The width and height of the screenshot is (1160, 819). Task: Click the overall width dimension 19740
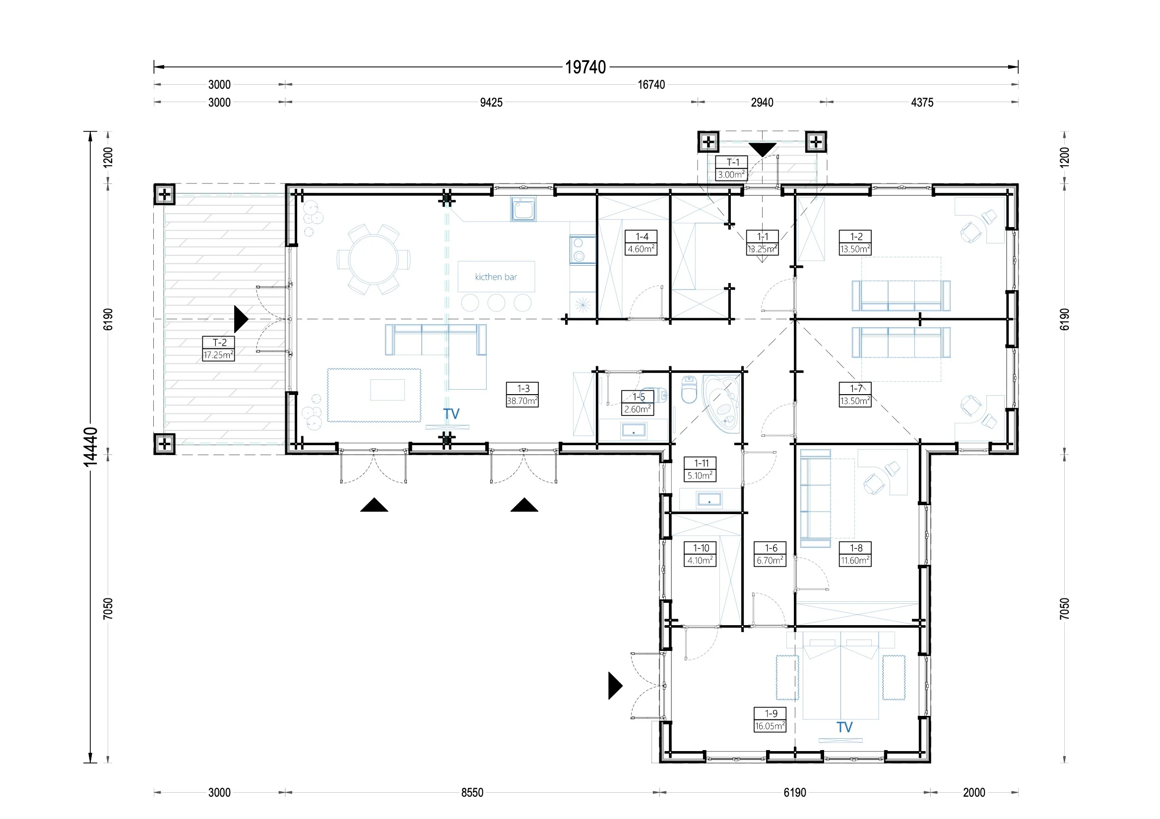tap(585, 67)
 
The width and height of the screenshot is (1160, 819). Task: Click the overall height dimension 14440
tap(90, 446)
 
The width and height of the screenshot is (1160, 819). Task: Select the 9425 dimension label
tap(491, 103)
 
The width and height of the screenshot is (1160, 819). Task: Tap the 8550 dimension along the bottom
tap(472, 792)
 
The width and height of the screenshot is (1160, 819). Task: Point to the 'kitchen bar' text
tap(496, 277)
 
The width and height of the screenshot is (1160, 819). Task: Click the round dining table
tap(374, 260)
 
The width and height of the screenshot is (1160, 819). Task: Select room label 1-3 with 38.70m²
tap(522, 394)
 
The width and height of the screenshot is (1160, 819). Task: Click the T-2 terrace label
tap(218, 349)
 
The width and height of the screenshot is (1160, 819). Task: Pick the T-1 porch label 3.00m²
tap(731, 168)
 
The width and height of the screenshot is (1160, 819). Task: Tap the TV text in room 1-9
tap(844, 727)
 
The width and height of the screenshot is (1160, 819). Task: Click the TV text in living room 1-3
tap(451, 414)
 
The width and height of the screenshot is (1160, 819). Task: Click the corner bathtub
tap(721, 404)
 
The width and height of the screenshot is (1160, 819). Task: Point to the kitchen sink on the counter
tap(523, 209)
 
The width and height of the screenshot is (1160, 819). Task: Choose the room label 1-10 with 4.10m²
tap(700, 554)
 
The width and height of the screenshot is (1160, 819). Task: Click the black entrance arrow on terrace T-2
tap(241, 319)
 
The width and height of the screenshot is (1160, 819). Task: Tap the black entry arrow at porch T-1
tap(762, 149)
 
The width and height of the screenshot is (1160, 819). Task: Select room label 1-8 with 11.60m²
tap(855, 554)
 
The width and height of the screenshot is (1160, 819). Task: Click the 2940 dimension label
tap(762, 103)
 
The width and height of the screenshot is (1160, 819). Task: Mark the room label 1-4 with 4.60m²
tap(641, 242)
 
